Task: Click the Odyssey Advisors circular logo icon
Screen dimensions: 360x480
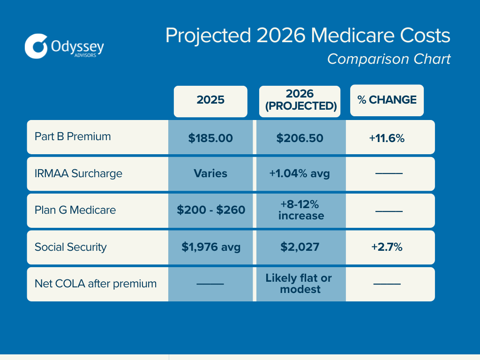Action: pyautogui.click(x=37, y=46)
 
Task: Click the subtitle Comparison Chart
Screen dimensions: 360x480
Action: pyautogui.click(x=389, y=59)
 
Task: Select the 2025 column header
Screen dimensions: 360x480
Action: pyautogui.click(x=210, y=100)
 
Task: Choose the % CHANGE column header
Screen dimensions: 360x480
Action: pyautogui.click(x=387, y=100)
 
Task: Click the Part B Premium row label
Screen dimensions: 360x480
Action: pyautogui.click(x=73, y=136)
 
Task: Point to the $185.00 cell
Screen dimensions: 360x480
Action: pyautogui.click(x=210, y=138)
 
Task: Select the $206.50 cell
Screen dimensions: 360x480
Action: pyautogui.click(x=300, y=138)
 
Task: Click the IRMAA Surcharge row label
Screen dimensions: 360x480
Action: pyautogui.click(x=78, y=173)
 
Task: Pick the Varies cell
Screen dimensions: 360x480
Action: pyautogui.click(x=210, y=173)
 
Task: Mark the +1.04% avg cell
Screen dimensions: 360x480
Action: pyautogui.click(x=300, y=173)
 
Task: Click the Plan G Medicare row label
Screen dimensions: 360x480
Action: pyautogui.click(x=75, y=210)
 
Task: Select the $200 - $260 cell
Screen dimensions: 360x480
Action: pyautogui.click(x=211, y=210)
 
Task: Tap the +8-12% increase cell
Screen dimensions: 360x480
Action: pyautogui.click(x=300, y=210)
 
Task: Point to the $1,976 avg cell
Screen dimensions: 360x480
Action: pyautogui.click(x=211, y=247)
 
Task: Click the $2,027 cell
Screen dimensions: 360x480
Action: pyautogui.click(x=300, y=247)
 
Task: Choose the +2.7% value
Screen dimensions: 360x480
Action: pyautogui.click(x=387, y=247)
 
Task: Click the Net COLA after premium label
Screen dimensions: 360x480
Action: pyautogui.click(x=96, y=284)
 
